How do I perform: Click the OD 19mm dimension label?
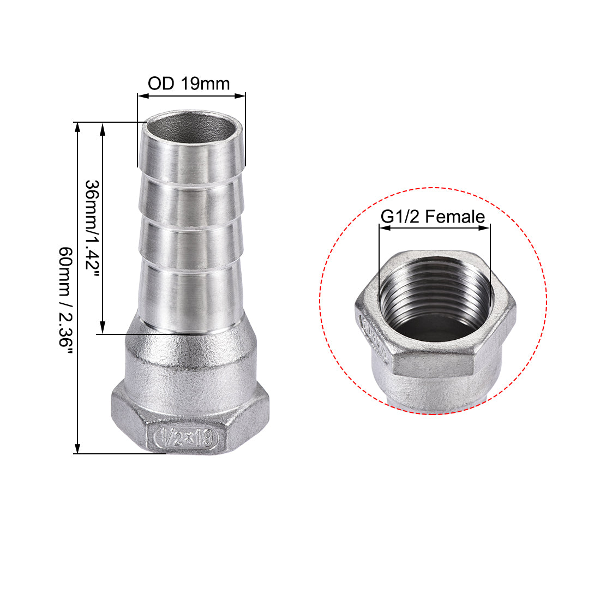click(189, 83)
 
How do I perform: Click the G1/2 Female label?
click(433, 217)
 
